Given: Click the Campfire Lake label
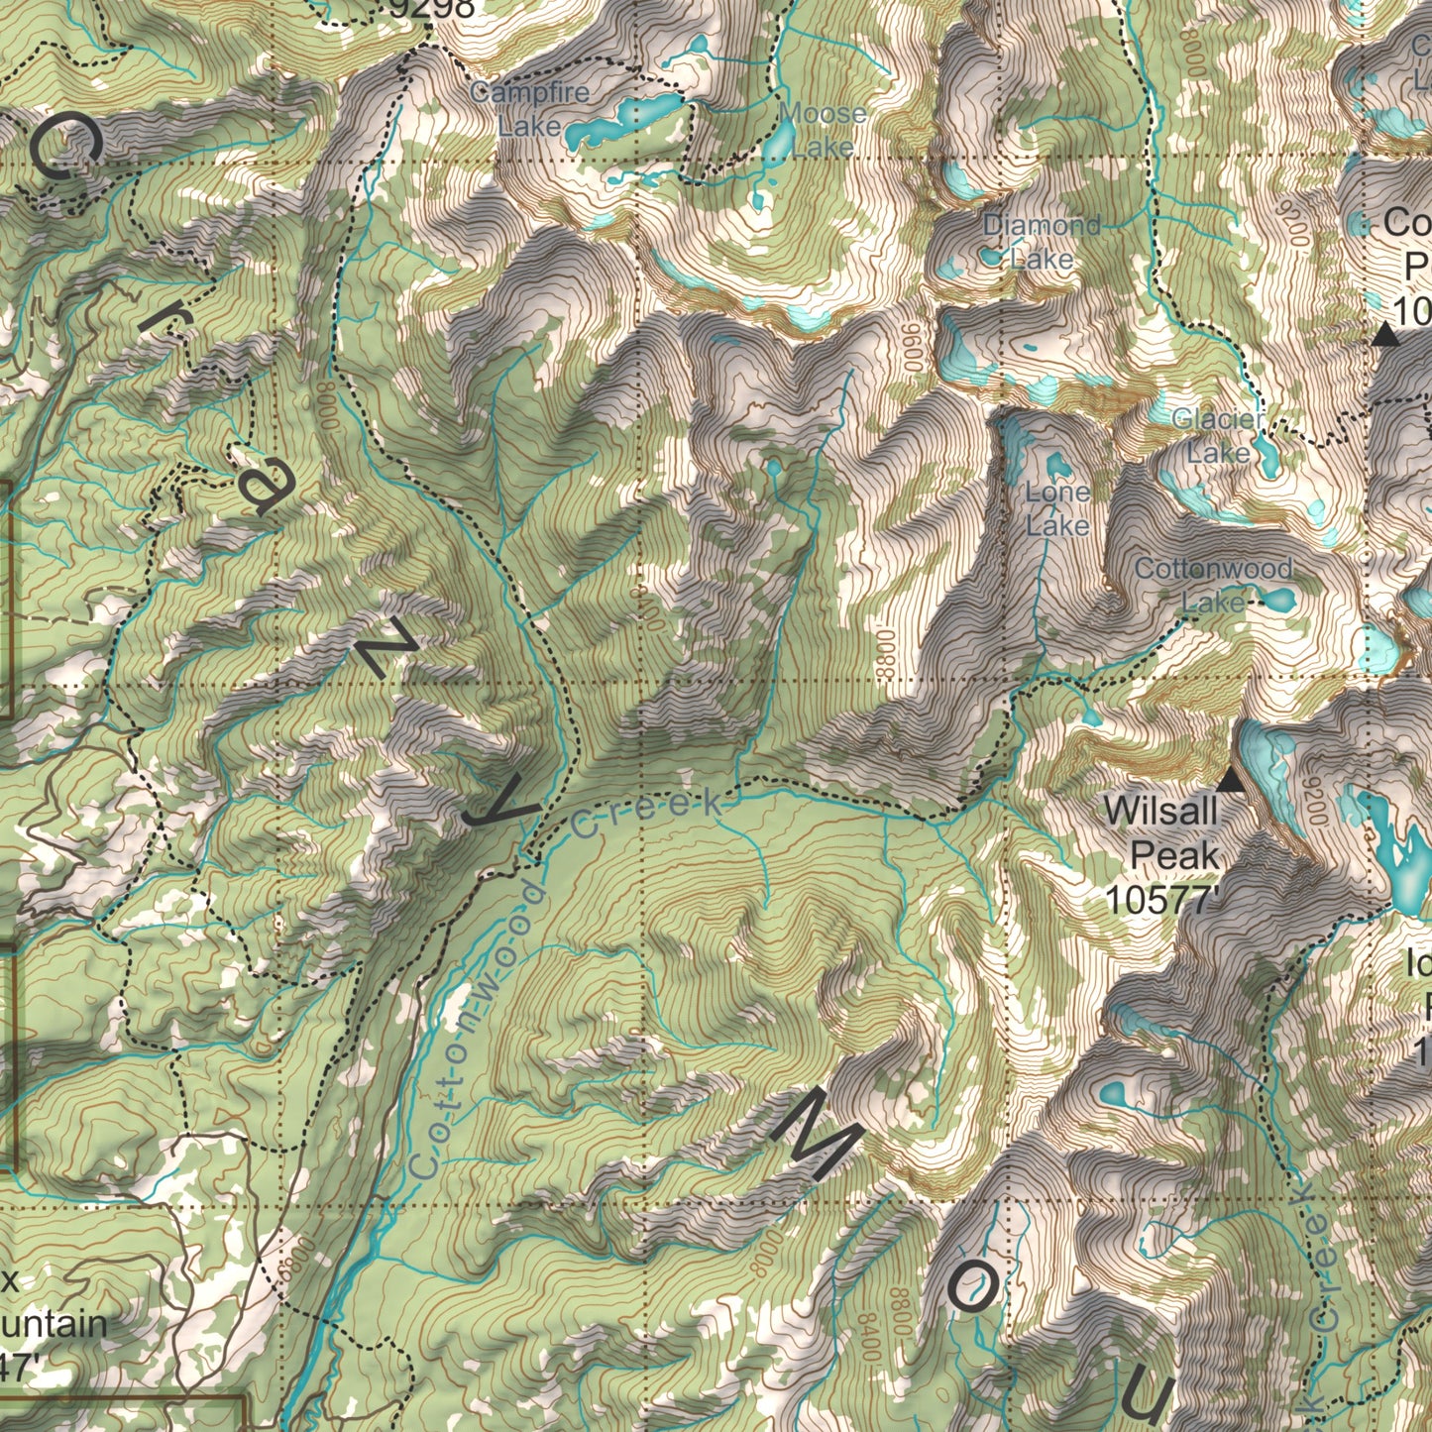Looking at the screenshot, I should tap(529, 109).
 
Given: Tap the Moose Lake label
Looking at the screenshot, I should tap(823, 130).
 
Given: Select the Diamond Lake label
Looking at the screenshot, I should tap(1042, 242).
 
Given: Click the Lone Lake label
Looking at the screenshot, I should tap(1057, 507).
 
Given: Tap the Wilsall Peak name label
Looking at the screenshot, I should tap(1160, 832).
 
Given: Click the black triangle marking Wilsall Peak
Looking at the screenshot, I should tap(1231, 781).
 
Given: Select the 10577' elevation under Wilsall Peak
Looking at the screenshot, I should tap(1160, 900).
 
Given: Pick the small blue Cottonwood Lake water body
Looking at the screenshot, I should tap(1277, 600).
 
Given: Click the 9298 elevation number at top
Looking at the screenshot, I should tap(431, 9).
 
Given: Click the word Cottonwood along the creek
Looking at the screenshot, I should tap(475, 1031).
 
